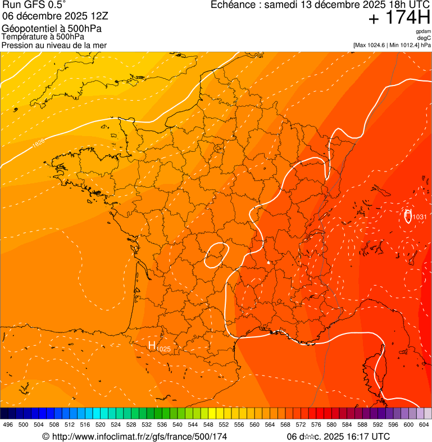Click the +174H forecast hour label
pos(399,18)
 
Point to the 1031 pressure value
pos(420,217)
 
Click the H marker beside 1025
pos(152,345)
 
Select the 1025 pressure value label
pos(163,349)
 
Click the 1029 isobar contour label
pos(38,143)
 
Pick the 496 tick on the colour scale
pos(8,425)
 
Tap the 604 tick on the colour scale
pos(424,425)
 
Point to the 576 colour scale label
pos(316,425)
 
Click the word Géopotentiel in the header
pos(28,29)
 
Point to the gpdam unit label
pos(423,31)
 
